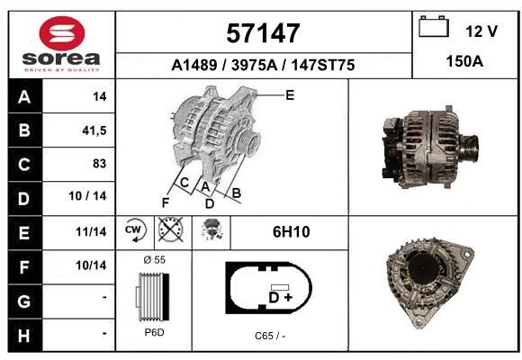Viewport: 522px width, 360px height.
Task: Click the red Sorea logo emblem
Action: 62,33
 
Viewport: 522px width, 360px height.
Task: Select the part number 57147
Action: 263,33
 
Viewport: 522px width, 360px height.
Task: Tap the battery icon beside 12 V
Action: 434,27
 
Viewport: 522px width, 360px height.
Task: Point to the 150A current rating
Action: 464,61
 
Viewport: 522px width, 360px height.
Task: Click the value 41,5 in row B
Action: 94,130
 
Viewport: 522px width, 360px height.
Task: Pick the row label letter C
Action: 24,165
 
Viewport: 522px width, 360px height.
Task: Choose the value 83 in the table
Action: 100,164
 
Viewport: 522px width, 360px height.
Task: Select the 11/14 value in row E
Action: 91,231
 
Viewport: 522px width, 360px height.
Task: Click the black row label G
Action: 24,301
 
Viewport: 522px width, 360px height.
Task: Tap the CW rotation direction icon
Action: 134,230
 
